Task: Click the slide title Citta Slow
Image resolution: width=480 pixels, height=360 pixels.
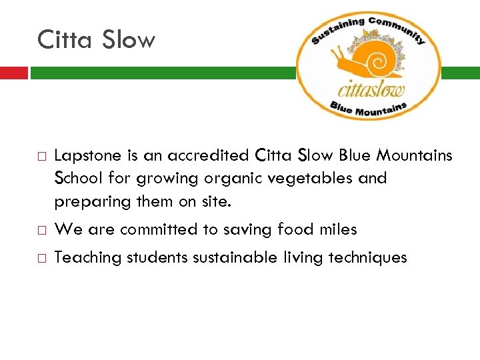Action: (x=96, y=39)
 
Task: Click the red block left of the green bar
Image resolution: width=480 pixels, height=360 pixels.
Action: (x=13, y=73)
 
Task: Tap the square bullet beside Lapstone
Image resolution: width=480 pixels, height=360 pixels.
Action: (x=41, y=157)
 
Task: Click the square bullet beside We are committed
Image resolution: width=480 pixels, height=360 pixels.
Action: (x=41, y=231)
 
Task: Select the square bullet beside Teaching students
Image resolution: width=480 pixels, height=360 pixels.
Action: (x=41, y=259)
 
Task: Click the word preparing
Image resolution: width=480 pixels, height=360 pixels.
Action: (x=85, y=201)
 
